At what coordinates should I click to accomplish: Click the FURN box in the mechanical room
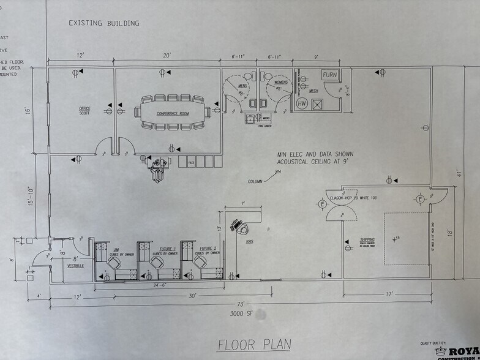point(330,75)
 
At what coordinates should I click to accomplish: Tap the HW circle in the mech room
point(302,103)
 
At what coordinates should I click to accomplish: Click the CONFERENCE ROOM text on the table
point(172,113)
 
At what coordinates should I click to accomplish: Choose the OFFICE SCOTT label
point(84,111)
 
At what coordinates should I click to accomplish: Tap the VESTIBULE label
point(75,266)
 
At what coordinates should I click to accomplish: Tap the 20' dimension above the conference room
point(167,56)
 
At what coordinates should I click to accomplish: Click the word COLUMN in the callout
point(257,181)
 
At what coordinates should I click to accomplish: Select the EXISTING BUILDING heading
point(103,23)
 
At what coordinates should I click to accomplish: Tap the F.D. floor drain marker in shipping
point(396,238)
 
